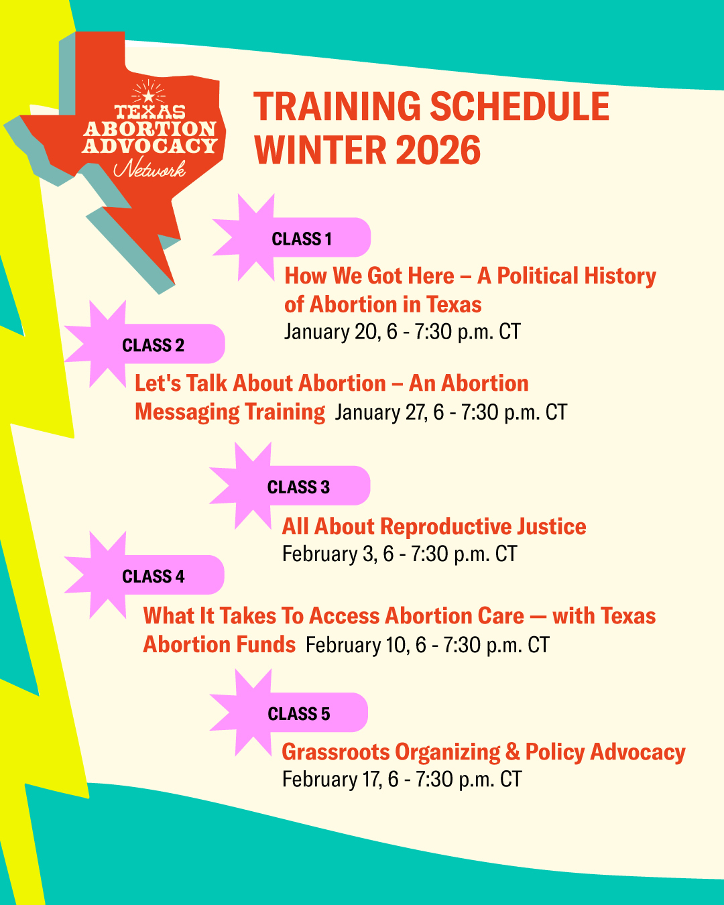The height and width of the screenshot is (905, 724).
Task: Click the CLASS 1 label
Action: point(302,239)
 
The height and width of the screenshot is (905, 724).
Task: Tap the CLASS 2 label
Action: point(153,345)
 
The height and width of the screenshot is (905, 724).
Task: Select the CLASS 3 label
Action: point(298,487)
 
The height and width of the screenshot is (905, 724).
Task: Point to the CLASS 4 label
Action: point(153,576)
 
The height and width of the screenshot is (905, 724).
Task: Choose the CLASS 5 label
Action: point(299,714)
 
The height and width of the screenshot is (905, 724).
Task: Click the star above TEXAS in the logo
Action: point(148,97)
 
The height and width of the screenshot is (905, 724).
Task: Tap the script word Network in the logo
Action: point(149,168)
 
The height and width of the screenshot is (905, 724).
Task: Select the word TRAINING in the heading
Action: point(337,106)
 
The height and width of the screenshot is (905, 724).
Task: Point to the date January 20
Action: point(333,331)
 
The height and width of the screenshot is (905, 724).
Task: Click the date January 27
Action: point(381,412)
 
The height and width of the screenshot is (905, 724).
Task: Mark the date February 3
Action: point(329,554)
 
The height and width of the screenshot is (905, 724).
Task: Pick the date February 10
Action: point(357,645)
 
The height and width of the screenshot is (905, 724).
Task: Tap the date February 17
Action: point(333,779)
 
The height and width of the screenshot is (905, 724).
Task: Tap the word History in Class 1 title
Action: point(620,276)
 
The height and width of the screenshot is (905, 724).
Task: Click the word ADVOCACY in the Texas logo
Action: point(149,145)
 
